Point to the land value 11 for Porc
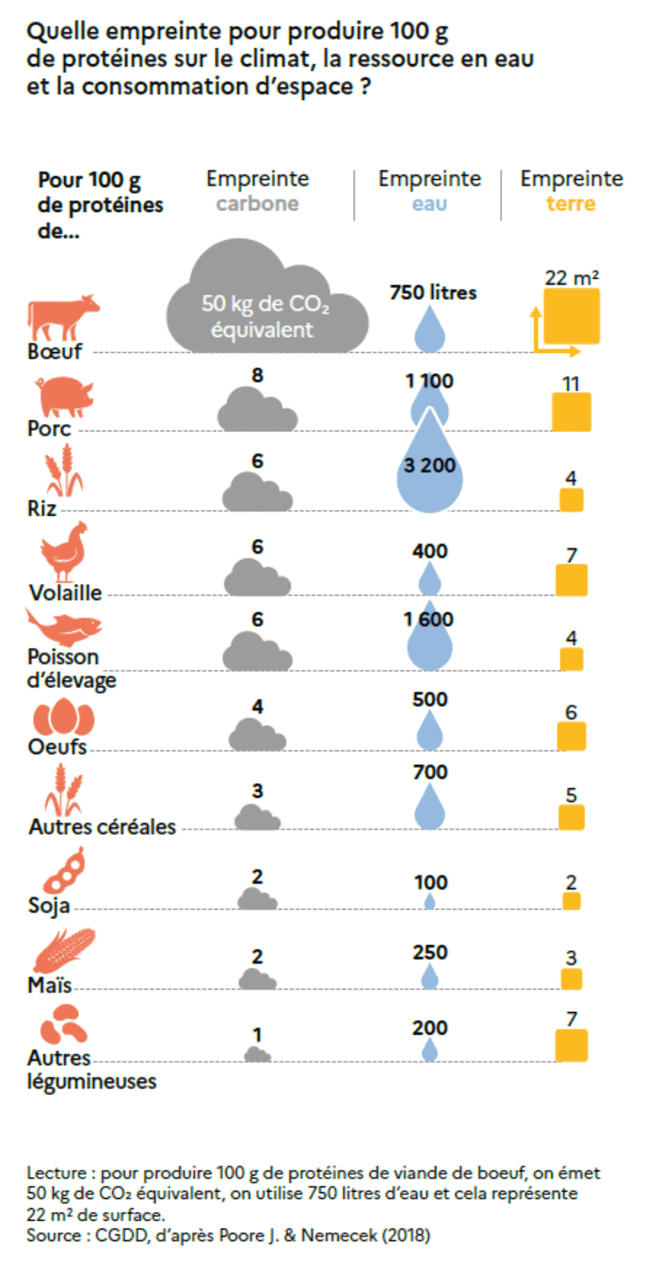point(571,383)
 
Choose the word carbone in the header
point(257,204)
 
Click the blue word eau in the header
point(429,204)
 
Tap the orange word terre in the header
point(571,204)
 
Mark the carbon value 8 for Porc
point(257,375)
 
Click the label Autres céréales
point(102,826)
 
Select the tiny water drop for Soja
point(429,901)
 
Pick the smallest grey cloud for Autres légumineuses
point(257,1054)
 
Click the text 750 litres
point(433,292)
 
